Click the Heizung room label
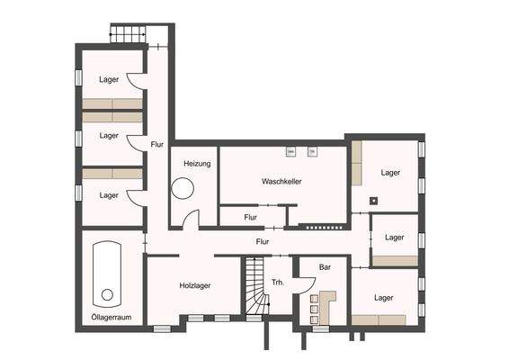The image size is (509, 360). pos(197,164)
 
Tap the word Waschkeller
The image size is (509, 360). pos(281,181)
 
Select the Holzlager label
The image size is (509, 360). pos(194,285)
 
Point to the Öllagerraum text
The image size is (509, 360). pos(111,319)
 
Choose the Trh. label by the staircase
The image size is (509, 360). pos(278,283)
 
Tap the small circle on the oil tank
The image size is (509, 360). pos(108,294)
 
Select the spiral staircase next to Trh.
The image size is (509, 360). pos(254,287)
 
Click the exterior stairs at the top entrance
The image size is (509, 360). pos(127,35)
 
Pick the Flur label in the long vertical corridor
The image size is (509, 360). pos(157,144)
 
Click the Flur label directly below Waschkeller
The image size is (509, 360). pos(251,217)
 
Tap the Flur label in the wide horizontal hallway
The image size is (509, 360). pos(263,241)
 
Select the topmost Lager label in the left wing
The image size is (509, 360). pos(109,79)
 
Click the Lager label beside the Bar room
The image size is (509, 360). pos(384,297)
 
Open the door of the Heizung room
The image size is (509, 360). pos(190,220)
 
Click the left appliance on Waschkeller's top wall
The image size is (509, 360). pos(290,150)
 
